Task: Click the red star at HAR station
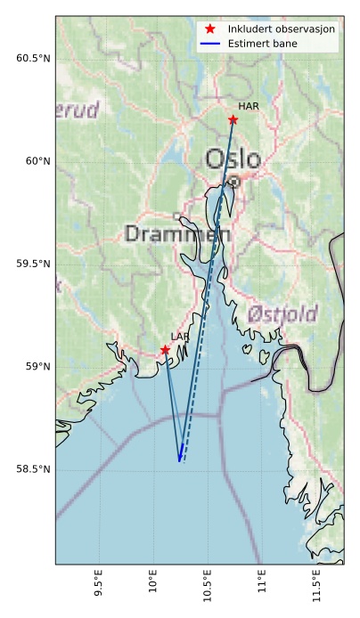(x=233, y=119)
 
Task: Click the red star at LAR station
(x=166, y=350)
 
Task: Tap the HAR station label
(x=249, y=107)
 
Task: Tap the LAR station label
(x=180, y=337)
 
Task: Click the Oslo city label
(x=233, y=159)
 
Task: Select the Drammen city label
(x=177, y=234)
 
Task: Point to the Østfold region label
(x=282, y=314)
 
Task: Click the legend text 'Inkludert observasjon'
(x=281, y=29)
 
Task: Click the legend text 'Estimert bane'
(x=262, y=43)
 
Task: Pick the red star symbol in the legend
(x=210, y=29)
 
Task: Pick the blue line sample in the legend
(x=210, y=43)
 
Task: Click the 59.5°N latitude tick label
(x=33, y=264)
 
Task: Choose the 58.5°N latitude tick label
(x=33, y=469)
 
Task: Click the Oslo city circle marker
(x=233, y=181)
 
